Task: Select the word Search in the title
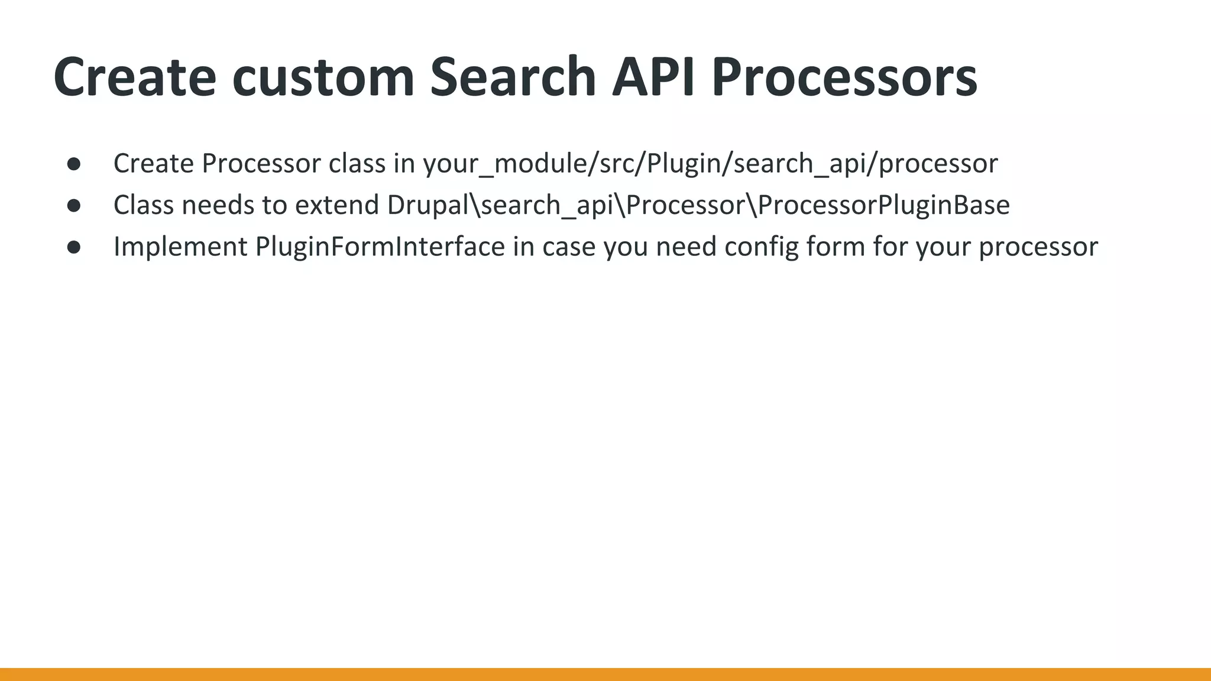click(x=513, y=77)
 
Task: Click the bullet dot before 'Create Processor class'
click(x=74, y=164)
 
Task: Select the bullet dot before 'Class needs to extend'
click(x=74, y=205)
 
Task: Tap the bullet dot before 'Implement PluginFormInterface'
click(x=74, y=247)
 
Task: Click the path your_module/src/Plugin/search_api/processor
click(x=710, y=164)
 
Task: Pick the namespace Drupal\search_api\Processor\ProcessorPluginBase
click(x=698, y=206)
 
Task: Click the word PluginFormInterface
click(x=380, y=247)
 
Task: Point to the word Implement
click(x=180, y=247)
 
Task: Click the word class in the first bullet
click(x=357, y=164)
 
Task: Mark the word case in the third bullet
click(x=569, y=247)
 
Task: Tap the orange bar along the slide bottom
click(x=605, y=674)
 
